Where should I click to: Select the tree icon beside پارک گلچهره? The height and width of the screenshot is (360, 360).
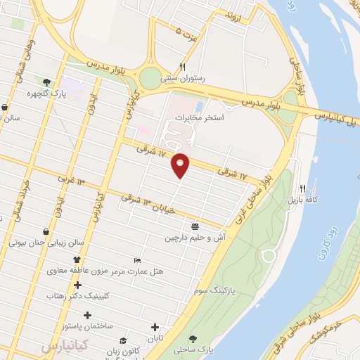point(46,82)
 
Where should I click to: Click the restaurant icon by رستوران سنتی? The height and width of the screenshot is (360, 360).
point(182,67)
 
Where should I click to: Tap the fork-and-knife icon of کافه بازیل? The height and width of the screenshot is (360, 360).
point(302,188)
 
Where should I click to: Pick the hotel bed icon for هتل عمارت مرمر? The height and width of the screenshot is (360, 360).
point(136,260)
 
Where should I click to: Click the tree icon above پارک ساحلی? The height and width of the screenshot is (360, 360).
point(193,338)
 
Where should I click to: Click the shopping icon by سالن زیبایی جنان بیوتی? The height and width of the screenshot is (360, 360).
point(46,231)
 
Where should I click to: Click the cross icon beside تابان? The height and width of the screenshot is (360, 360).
point(155,328)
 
